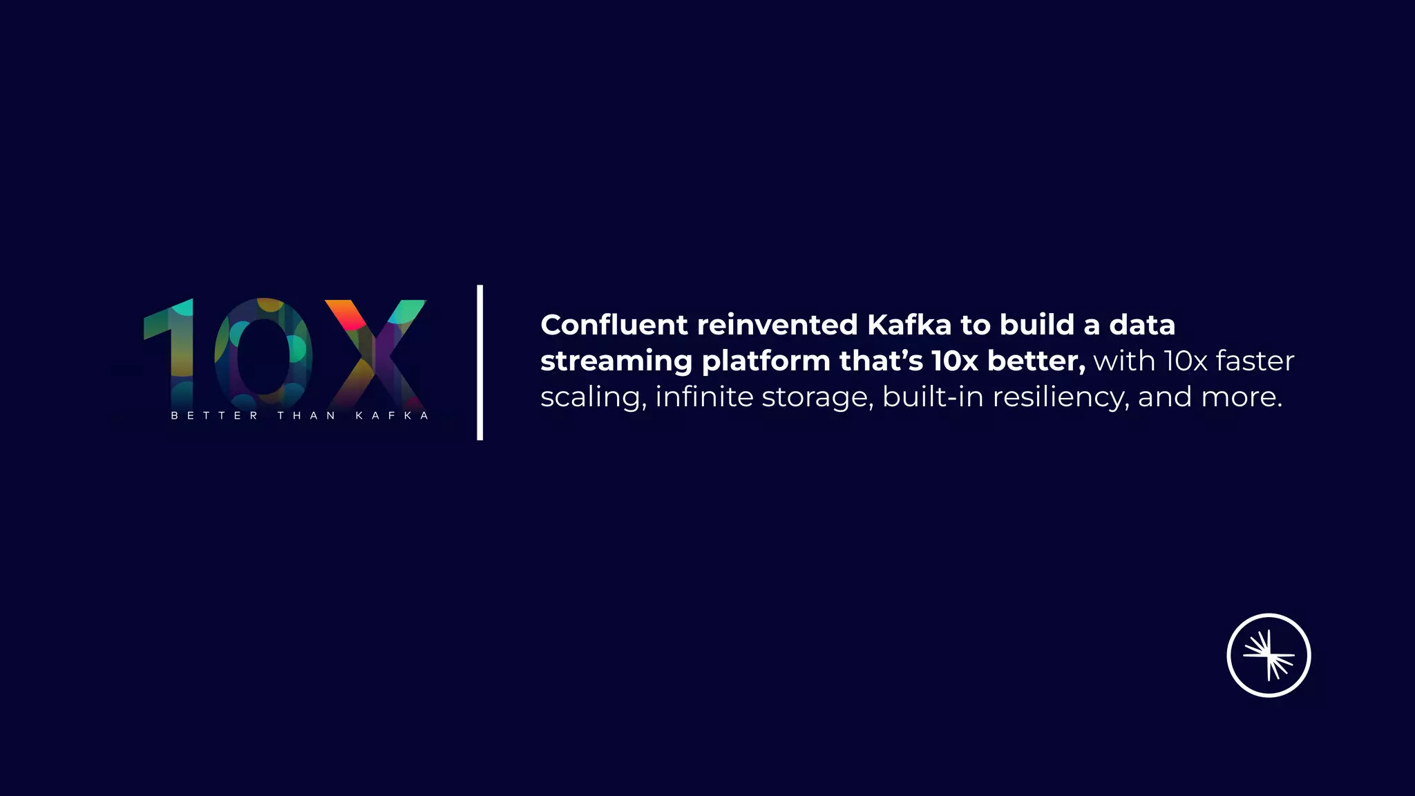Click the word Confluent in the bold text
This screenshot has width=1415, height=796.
point(614,325)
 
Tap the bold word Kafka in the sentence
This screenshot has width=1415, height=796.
point(909,325)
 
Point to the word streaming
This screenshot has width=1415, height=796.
point(616,361)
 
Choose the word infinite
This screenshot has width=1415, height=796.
point(703,397)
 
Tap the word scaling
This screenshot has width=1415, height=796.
point(593,398)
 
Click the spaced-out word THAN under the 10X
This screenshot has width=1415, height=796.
point(306,415)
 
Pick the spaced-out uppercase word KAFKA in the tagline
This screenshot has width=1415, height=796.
point(392,415)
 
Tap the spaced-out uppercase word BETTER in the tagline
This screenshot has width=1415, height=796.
point(214,415)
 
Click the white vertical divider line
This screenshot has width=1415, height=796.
point(479,362)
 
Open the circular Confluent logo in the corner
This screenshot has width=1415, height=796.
point(1269,655)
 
